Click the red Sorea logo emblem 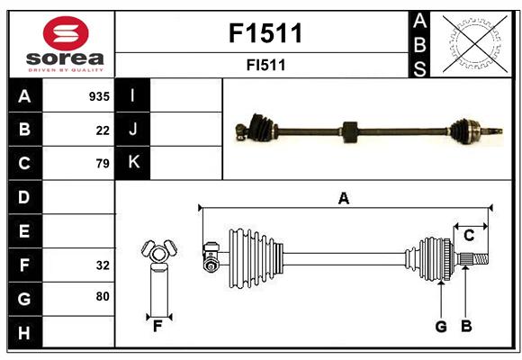tap(66, 33)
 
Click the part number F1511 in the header tap(265, 33)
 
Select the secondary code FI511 tap(265, 66)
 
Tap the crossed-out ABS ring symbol tap(475, 43)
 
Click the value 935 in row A tap(99, 96)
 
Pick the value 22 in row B tap(103, 130)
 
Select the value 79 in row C tap(103, 164)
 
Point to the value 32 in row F tap(103, 265)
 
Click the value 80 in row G tap(103, 296)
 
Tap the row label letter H tap(24, 333)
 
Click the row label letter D tap(24, 197)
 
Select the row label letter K tap(133, 162)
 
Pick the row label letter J tap(133, 130)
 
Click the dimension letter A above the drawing tap(344, 199)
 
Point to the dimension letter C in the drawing tap(469, 236)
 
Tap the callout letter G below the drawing tap(441, 327)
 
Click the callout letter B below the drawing tap(467, 327)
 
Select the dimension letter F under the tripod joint tap(157, 327)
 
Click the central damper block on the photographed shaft tap(350, 132)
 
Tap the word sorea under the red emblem tap(65, 59)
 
